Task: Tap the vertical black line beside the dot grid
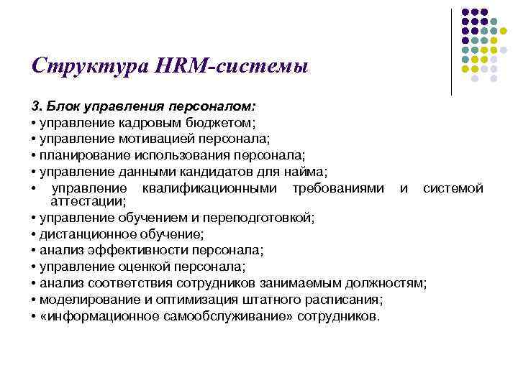451,51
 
